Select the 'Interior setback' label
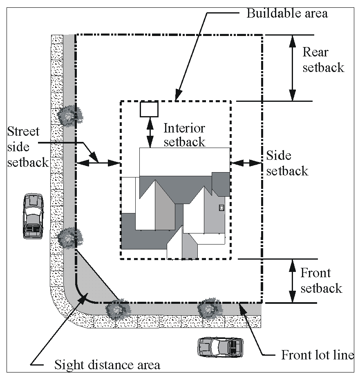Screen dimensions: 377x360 (x=184, y=135)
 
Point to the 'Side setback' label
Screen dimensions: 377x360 (x=287, y=163)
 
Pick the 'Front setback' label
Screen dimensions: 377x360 (x=321, y=281)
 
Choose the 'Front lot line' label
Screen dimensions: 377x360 (x=317, y=355)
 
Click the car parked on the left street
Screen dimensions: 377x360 (x=33, y=216)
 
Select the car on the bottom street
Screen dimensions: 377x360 (x=220, y=347)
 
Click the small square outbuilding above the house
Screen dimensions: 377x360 (x=149, y=109)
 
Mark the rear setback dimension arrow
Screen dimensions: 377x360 (x=293, y=68)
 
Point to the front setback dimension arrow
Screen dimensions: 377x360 (x=293, y=281)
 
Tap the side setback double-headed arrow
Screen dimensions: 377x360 (x=246, y=163)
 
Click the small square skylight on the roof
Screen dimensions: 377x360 (x=221, y=207)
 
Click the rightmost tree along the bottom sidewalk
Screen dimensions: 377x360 (x=209, y=308)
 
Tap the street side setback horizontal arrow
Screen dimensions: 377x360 (x=98, y=163)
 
